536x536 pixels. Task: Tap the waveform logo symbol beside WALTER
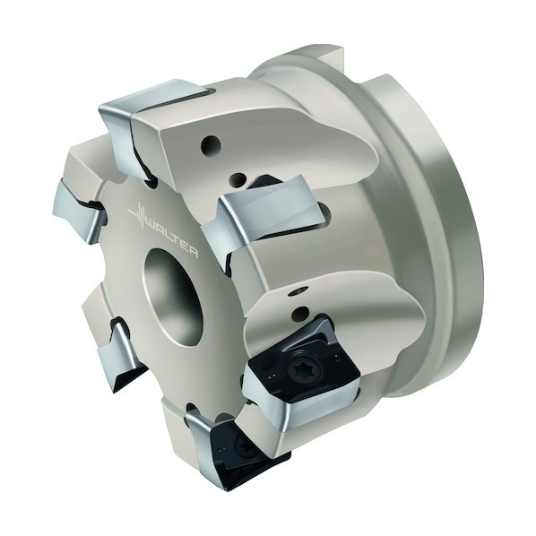click(137, 214)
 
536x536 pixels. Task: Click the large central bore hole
click(173, 296)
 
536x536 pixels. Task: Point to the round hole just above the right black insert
click(301, 313)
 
